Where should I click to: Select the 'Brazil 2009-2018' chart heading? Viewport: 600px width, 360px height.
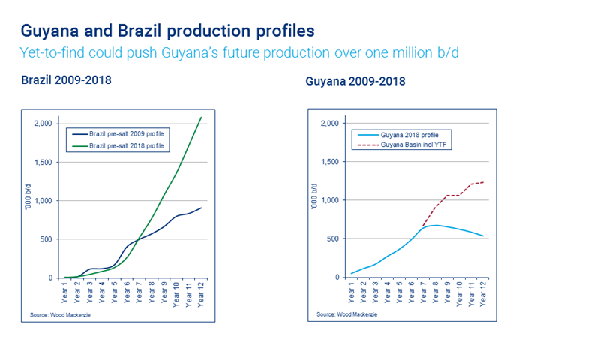pyautogui.click(x=66, y=79)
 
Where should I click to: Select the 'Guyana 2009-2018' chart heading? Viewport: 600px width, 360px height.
pyautogui.click(x=355, y=80)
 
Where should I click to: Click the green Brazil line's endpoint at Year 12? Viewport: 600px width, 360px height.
pyautogui.click(x=201, y=117)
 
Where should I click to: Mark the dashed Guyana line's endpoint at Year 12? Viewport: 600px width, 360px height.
pyautogui.click(x=483, y=182)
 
